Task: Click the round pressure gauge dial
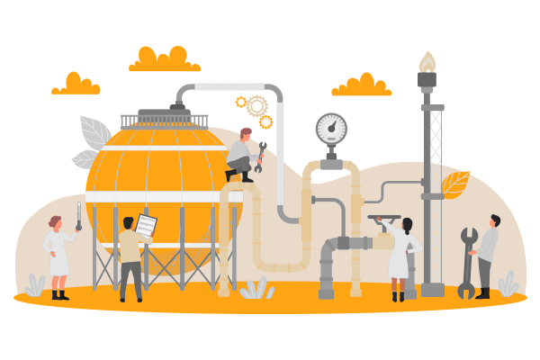pyautogui.click(x=331, y=129)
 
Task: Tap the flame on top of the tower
pyautogui.click(x=427, y=61)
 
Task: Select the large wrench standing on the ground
pyautogui.click(x=467, y=262)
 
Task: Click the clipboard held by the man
pyautogui.click(x=146, y=226)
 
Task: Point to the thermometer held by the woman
pyautogui.click(x=79, y=215)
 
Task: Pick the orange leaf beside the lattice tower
pyautogui.click(x=456, y=184)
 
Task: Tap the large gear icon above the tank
pyautogui.click(x=257, y=106)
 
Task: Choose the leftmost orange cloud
pyautogui.click(x=76, y=84)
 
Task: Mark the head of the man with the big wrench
pyautogui.click(x=494, y=221)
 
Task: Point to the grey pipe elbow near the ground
pyautogui.click(x=329, y=248)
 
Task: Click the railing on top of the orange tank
pyautogui.click(x=164, y=121)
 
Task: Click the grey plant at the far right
pyautogui.click(x=508, y=284)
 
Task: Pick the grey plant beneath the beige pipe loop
pyautogui.click(x=256, y=289)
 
